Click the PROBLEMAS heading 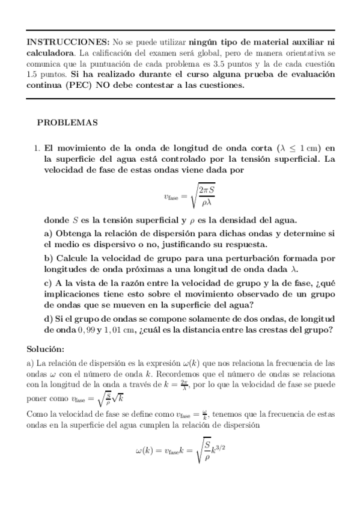tap(67, 123)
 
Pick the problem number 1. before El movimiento tap(37, 147)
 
